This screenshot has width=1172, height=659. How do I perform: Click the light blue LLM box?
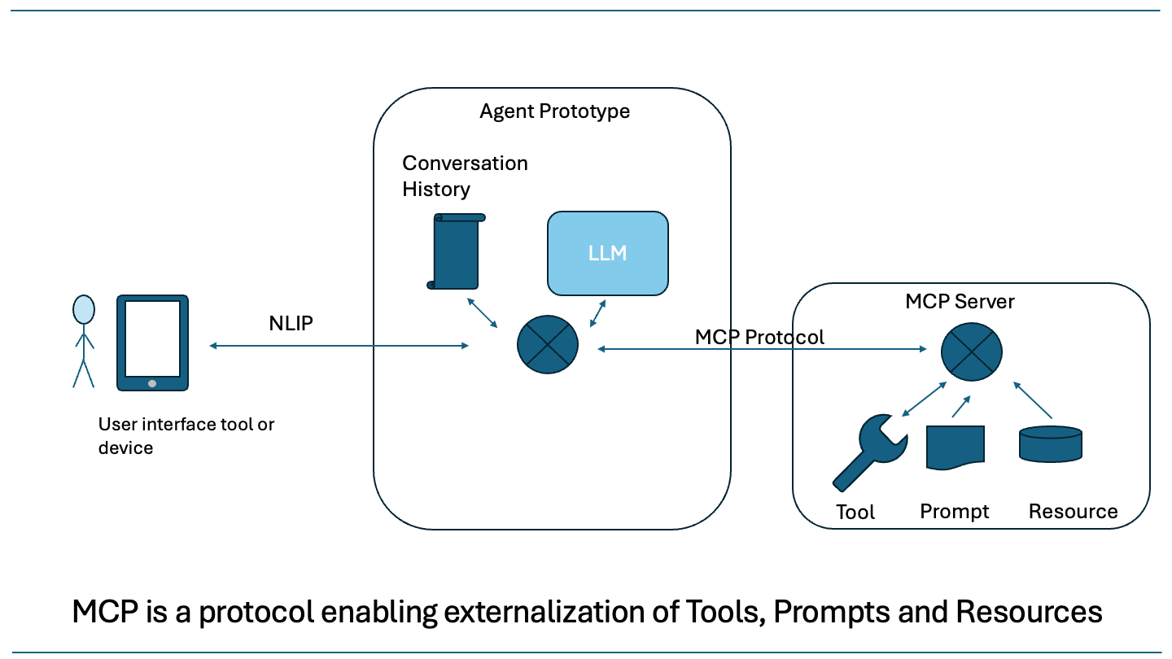click(x=607, y=253)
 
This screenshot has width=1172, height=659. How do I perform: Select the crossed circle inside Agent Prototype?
click(x=548, y=344)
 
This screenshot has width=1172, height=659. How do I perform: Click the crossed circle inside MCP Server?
click(x=971, y=350)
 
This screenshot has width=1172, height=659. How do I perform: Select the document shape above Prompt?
click(x=956, y=447)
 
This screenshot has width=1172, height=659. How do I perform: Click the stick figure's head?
click(x=83, y=309)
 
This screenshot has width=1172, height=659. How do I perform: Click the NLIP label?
click(x=291, y=323)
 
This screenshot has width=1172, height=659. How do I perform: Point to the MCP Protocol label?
click(x=759, y=337)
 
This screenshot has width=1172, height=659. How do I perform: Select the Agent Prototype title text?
click(x=554, y=111)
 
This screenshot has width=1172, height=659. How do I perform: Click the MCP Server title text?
click(x=960, y=302)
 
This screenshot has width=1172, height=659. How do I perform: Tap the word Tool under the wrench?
click(x=855, y=513)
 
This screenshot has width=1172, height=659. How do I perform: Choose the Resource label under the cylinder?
click(x=1073, y=512)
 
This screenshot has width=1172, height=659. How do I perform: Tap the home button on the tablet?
click(x=152, y=383)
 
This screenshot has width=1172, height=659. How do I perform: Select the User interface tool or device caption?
click(x=186, y=436)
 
